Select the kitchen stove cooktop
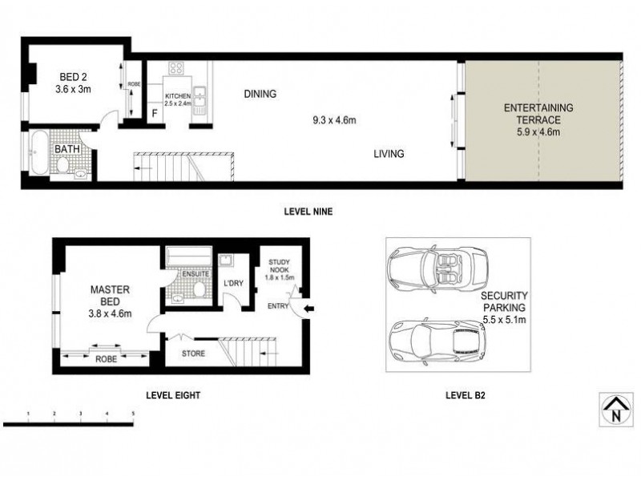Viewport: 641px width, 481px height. [x=176, y=68]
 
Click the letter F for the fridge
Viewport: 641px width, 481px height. [x=155, y=114]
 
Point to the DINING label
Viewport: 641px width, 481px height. [x=260, y=94]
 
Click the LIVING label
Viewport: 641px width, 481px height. [x=388, y=154]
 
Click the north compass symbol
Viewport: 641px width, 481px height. [x=614, y=408]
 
